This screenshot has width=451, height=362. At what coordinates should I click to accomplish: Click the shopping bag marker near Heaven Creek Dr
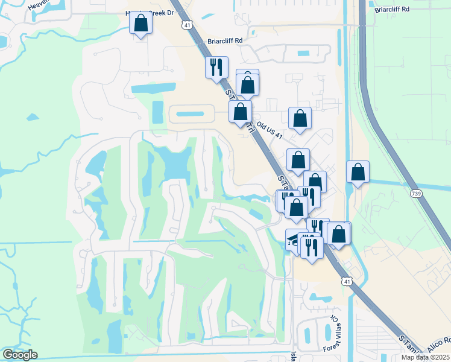click(140, 24)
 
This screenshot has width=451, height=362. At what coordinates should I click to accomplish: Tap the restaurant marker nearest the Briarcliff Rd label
click(217, 66)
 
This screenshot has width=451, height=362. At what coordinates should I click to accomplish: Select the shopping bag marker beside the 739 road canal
click(358, 172)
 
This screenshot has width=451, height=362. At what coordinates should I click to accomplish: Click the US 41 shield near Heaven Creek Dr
click(187, 25)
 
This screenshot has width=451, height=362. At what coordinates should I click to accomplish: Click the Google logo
click(20, 355)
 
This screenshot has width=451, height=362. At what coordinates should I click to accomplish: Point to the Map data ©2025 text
click(426, 357)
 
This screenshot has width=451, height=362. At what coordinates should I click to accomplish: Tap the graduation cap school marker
click(294, 240)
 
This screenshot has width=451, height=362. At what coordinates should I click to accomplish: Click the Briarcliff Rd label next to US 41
click(225, 41)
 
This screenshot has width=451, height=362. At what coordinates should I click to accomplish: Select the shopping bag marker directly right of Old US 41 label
click(300, 119)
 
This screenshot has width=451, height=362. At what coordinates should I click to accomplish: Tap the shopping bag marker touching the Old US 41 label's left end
click(240, 112)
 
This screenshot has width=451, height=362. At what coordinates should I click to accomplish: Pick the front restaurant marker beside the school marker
click(312, 247)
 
